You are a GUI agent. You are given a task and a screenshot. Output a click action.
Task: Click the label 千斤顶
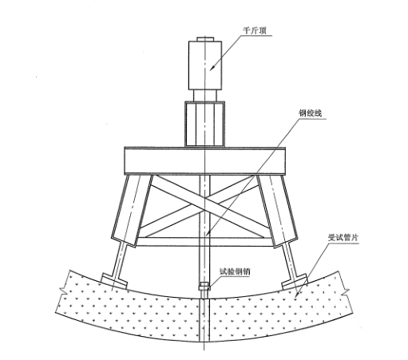coord(255,30)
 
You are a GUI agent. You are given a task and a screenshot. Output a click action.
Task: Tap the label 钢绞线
coord(310,113)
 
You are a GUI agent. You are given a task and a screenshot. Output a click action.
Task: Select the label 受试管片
coord(343,237)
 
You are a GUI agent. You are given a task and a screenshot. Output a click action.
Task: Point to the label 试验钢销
coord(235,271)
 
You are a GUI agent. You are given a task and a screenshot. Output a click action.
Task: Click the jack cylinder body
coord(205,65)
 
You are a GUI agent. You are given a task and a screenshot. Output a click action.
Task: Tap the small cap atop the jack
coord(205,39)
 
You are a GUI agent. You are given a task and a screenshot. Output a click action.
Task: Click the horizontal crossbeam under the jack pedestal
coord(205,160)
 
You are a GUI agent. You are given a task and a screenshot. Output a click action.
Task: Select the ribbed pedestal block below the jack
coord(205,124)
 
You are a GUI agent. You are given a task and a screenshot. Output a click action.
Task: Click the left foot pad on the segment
coord(114,280)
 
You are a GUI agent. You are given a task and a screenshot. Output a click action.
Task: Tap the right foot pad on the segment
coord(295,282)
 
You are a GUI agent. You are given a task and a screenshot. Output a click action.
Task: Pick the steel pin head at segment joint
coord(204,287)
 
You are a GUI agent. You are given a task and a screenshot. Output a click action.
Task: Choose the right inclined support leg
coord(277,211)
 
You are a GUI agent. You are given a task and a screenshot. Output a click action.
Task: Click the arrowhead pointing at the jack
coord(212,68)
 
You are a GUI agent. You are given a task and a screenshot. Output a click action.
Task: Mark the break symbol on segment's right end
coord(346,292)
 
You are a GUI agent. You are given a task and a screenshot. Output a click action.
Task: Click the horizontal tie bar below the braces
coord(204,242)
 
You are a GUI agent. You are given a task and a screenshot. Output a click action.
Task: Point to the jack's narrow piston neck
coord(205,95)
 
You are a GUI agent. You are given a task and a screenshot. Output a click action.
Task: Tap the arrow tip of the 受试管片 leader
coord(296,295)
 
